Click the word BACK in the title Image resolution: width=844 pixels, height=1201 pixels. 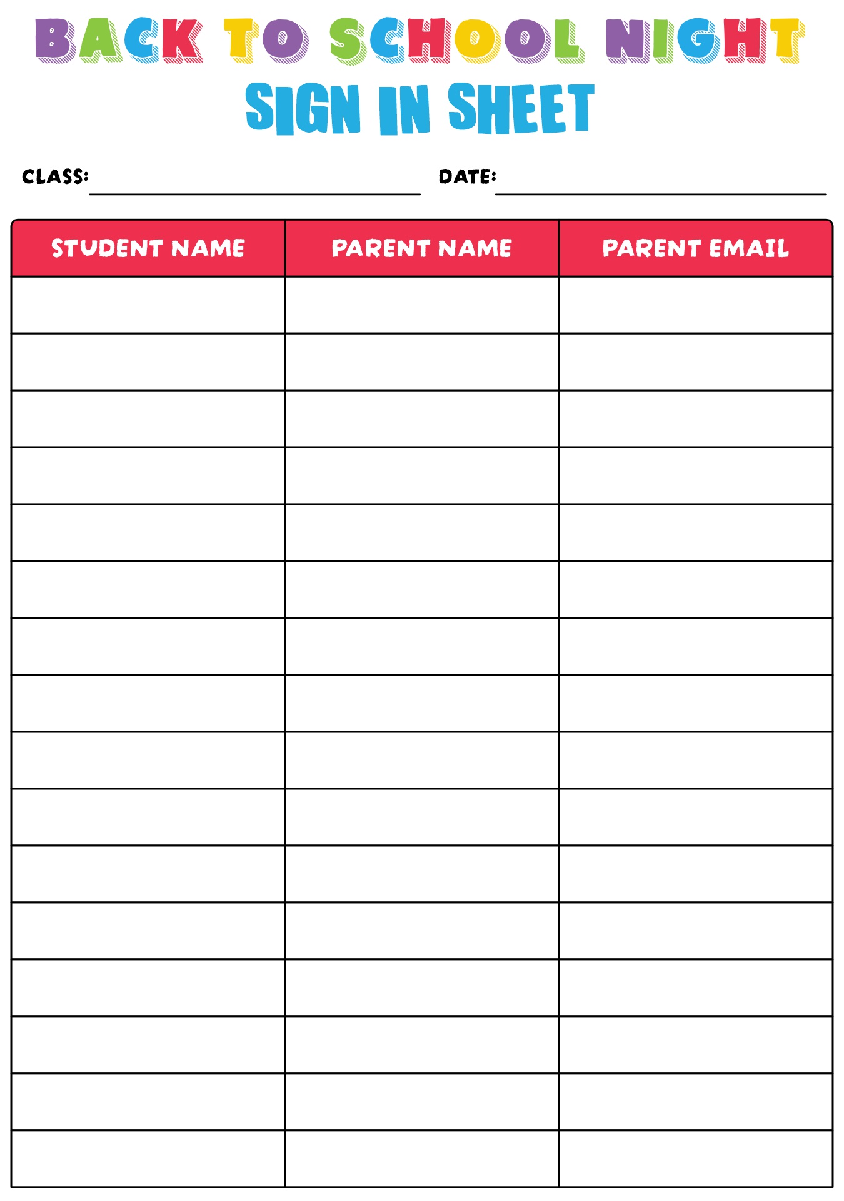pyautogui.click(x=119, y=40)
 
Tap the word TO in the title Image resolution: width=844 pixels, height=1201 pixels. pyautogui.click(x=266, y=40)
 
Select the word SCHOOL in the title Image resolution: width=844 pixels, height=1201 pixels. pyautogui.click(x=457, y=41)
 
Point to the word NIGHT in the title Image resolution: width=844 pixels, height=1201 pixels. pyautogui.click(x=705, y=40)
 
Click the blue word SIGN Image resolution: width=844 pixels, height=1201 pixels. pyautogui.click(x=303, y=108)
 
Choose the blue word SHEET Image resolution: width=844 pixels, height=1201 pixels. pyautogui.click(x=521, y=108)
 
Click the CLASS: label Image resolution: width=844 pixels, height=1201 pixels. pyautogui.click(x=55, y=176)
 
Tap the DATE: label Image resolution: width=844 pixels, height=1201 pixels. pyautogui.click(x=467, y=176)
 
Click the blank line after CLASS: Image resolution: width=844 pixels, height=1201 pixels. pyautogui.click(x=254, y=188)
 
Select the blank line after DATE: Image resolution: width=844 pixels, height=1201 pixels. pyautogui.click(x=660, y=188)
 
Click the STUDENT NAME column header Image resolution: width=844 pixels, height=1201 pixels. pyautogui.click(x=148, y=248)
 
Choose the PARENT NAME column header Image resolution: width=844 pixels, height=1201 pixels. pyautogui.click(x=422, y=248)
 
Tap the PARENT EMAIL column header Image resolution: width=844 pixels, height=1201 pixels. pyautogui.click(x=696, y=248)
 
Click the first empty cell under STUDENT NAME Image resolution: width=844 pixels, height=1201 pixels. pyautogui.click(x=148, y=305)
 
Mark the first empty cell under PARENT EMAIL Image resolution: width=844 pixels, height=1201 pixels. pyautogui.click(x=696, y=305)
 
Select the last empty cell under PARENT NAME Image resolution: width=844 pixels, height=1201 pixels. pyautogui.click(x=422, y=1158)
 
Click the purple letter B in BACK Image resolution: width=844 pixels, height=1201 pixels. pyautogui.click(x=54, y=40)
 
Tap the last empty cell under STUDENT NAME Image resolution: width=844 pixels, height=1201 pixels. pyautogui.click(x=148, y=1158)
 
